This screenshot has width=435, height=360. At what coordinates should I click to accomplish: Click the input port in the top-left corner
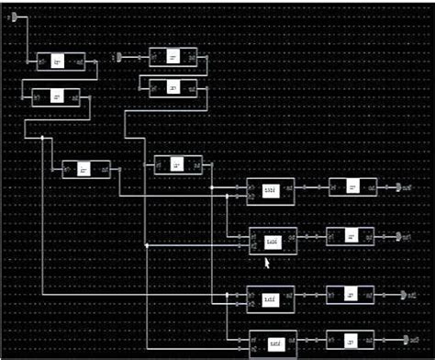pyautogui.click(x=24, y=17)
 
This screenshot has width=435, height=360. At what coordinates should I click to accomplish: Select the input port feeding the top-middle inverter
pyautogui.click(x=118, y=57)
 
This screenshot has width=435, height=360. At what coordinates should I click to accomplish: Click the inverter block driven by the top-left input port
pyautogui.click(x=61, y=62)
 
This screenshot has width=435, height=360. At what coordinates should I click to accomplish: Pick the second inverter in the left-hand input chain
pyautogui.click(x=56, y=96)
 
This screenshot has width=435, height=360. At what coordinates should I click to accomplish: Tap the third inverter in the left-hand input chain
pyautogui.click(x=85, y=170)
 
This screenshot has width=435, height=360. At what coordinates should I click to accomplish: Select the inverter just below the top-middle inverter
pyautogui.click(x=173, y=87)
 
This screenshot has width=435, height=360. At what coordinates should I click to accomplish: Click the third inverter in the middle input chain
pyautogui.click(x=177, y=165)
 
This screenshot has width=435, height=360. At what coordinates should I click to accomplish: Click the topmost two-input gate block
pyautogui.click(x=271, y=189)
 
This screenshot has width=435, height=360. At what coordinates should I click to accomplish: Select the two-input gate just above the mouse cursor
pyautogui.click(x=273, y=241)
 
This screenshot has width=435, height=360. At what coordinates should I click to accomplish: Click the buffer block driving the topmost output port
pyautogui.click(x=352, y=187)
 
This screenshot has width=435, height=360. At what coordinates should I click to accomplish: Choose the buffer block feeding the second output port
pyautogui.click(x=350, y=236)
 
